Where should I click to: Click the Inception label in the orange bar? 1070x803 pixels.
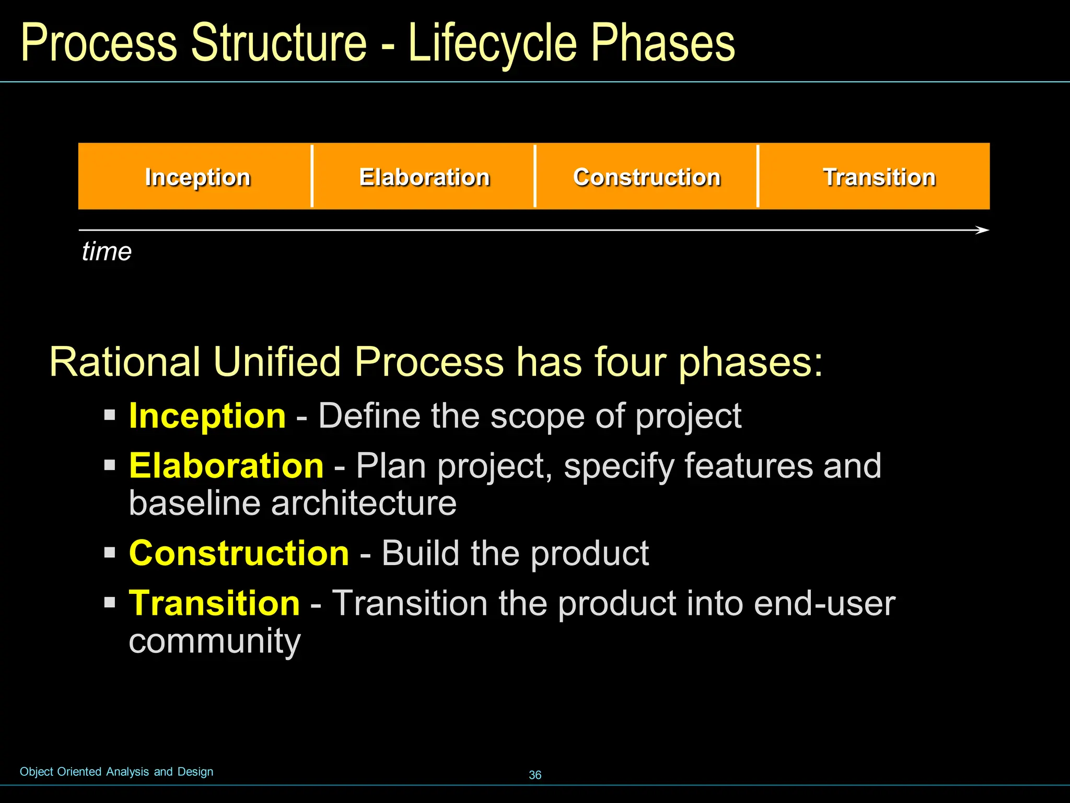pyautogui.click(x=197, y=177)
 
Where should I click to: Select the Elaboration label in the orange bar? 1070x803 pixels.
pyautogui.click(x=424, y=177)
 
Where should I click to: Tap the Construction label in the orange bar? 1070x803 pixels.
pyautogui.click(x=647, y=177)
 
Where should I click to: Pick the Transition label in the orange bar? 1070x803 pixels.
pyautogui.click(x=879, y=177)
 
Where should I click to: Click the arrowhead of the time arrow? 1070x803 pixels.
pyautogui.click(x=983, y=230)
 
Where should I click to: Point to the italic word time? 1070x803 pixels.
pyautogui.click(x=107, y=251)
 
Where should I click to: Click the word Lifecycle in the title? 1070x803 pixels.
pyautogui.click(x=492, y=44)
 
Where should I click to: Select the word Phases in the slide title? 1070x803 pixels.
pyautogui.click(x=662, y=44)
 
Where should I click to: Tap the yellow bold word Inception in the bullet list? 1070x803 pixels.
pyautogui.click(x=207, y=416)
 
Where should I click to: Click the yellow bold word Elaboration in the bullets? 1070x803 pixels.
pyautogui.click(x=226, y=466)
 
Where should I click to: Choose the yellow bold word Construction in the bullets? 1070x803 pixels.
pyautogui.click(x=239, y=553)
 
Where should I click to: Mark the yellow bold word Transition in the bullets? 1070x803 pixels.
pyautogui.click(x=214, y=603)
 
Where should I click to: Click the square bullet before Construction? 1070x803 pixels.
pyautogui.click(x=109, y=553)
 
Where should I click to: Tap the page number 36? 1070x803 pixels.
pyautogui.click(x=535, y=775)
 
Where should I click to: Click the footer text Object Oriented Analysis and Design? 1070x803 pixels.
pyautogui.click(x=117, y=772)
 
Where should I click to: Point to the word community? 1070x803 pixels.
pyautogui.click(x=215, y=641)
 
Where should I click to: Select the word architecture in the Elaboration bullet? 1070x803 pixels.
pyautogui.click(x=364, y=503)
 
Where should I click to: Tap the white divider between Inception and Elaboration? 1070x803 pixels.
pyautogui.click(x=312, y=176)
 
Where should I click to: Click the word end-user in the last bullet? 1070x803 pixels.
pyautogui.click(x=824, y=603)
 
